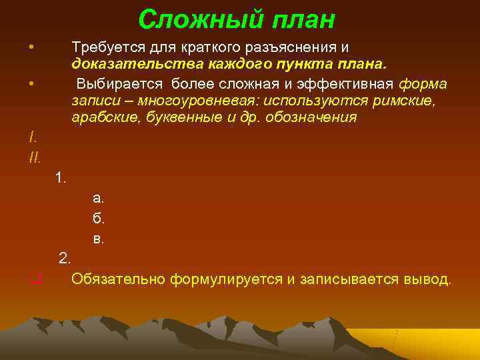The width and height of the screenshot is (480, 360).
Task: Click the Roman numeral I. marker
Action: click(33, 138)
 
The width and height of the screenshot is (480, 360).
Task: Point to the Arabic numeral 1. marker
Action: click(61, 177)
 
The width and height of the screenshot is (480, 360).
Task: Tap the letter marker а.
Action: click(98, 198)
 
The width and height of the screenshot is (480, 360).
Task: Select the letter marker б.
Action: click(98, 218)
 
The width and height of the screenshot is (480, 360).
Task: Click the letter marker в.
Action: click(98, 238)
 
